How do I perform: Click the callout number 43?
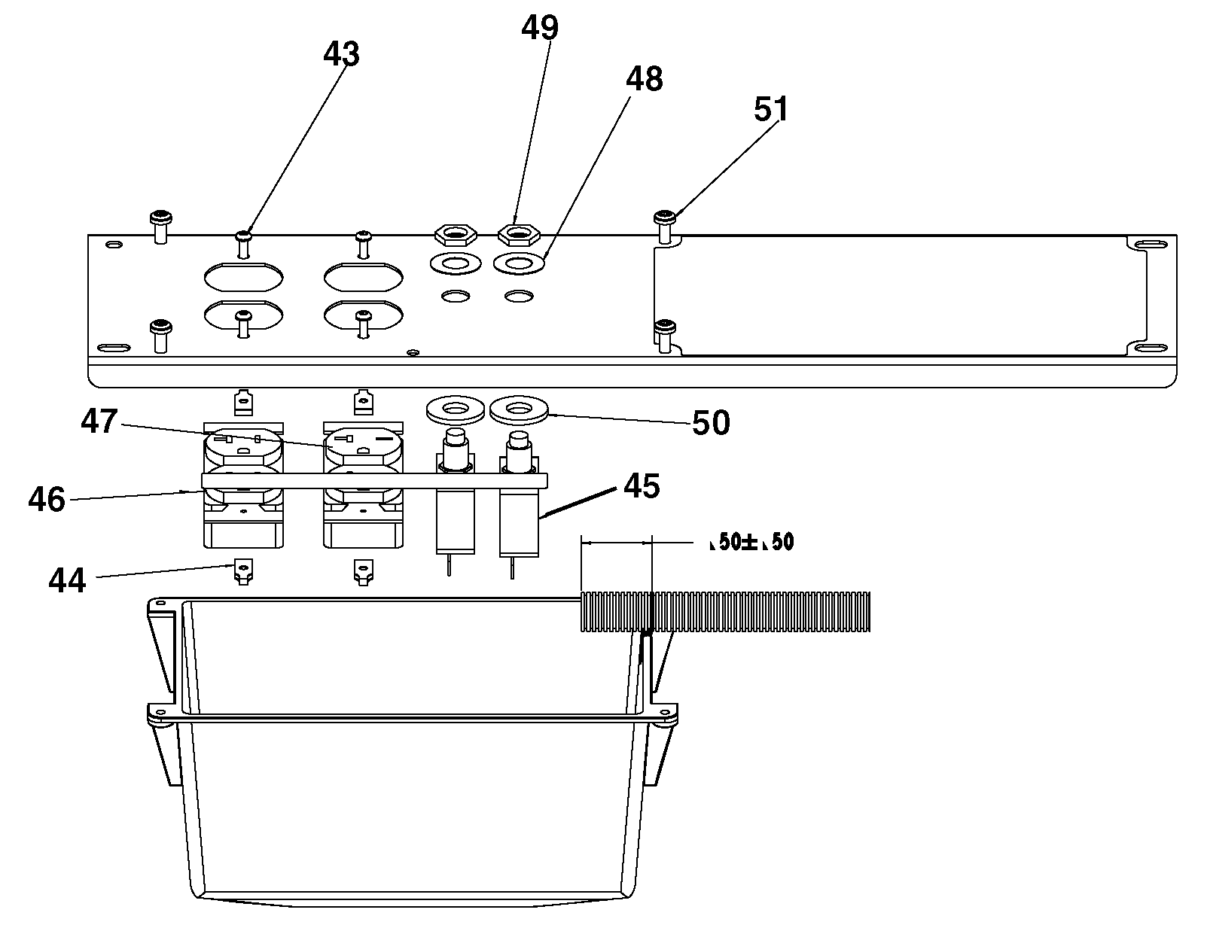coord(341,54)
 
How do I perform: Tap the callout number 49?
coord(539,27)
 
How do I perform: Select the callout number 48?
coord(645,79)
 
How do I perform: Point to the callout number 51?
coord(771,109)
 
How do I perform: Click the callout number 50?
coord(711,423)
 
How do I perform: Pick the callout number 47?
coord(99,421)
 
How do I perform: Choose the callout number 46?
coord(47,500)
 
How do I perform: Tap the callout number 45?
coord(642,486)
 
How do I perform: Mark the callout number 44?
coord(67,581)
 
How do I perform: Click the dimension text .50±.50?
coord(752,542)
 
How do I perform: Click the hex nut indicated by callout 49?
coord(519,234)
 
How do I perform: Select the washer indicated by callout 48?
coord(519,263)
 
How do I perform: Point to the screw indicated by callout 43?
coord(244,245)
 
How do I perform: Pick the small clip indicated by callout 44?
coord(243,571)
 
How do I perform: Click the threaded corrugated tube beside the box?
coord(725,613)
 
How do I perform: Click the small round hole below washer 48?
coord(519,296)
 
